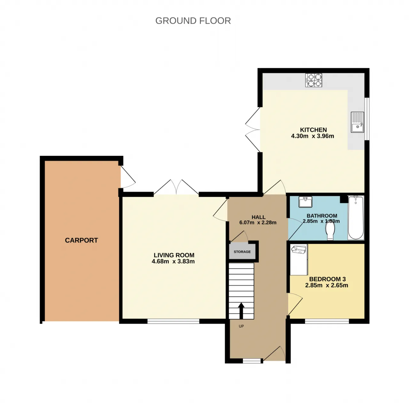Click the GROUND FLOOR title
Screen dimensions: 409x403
point(193,21)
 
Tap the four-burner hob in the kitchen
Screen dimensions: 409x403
point(313,80)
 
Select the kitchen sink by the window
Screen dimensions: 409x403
point(357,122)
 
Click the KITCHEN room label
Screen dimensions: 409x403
point(313,130)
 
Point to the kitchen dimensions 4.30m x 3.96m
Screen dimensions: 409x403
point(313,136)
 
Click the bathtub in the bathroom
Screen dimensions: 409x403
point(356,218)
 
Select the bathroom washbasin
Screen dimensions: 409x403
point(305,202)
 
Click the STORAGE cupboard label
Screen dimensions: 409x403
point(242,252)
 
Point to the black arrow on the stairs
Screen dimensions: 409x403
point(241,311)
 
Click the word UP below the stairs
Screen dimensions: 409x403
point(241,326)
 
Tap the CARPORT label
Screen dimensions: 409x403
point(81,240)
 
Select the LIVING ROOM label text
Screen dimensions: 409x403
point(174,255)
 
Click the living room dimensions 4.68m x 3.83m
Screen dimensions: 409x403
point(173,261)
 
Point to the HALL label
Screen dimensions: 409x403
point(258,217)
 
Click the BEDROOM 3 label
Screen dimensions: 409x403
point(328,279)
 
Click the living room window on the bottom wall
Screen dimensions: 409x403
point(174,321)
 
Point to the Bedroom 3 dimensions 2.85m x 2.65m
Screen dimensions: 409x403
point(327,285)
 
